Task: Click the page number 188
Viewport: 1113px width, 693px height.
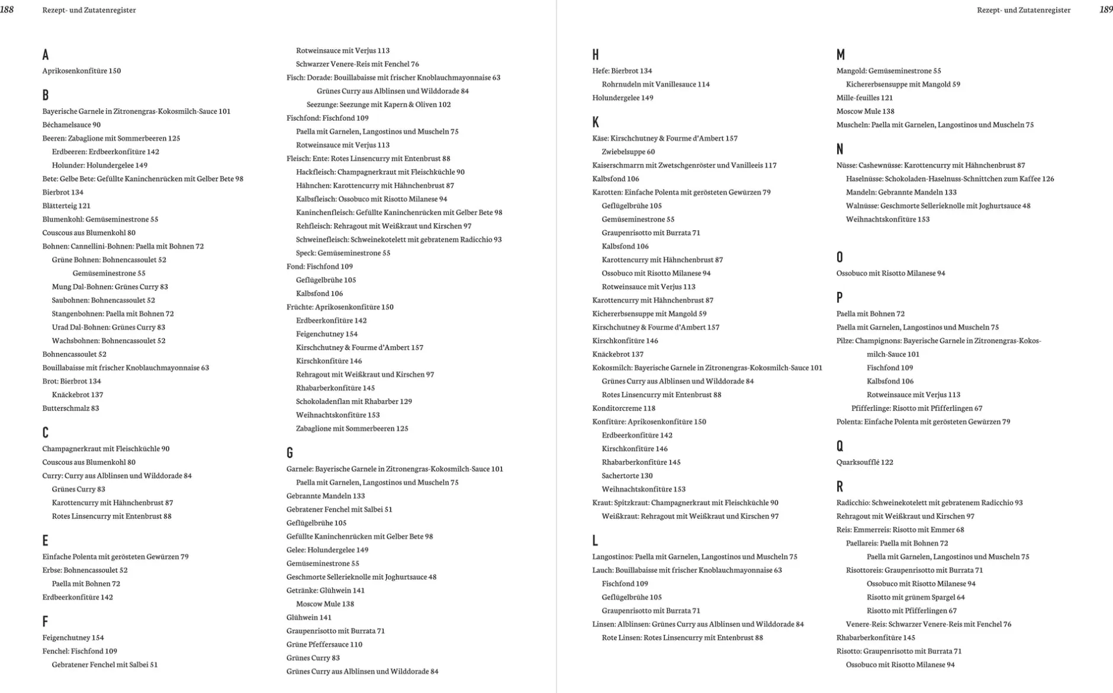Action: pyautogui.click(x=7, y=9)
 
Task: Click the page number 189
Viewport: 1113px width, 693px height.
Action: pyautogui.click(x=1105, y=9)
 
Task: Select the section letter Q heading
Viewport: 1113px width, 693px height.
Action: pyautogui.click(x=839, y=446)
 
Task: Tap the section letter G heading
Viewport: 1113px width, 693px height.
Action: pyautogui.click(x=289, y=453)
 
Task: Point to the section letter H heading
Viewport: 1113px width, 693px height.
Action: pyautogui.click(x=595, y=55)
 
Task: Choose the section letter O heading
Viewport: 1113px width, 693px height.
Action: pyautogui.click(x=839, y=257)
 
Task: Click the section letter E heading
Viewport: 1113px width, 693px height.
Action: pyautogui.click(x=45, y=540)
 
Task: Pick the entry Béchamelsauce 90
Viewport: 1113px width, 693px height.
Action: pyautogui.click(x=72, y=124)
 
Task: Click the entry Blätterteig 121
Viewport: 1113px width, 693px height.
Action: pyautogui.click(x=66, y=205)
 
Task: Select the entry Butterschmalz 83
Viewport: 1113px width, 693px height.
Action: pyautogui.click(x=70, y=408)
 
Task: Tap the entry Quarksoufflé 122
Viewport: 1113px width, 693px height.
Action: pyautogui.click(x=864, y=462)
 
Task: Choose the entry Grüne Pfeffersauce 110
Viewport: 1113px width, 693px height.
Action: pyautogui.click(x=324, y=644)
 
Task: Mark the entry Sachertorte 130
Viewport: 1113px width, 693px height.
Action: pyautogui.click(x=627, y=475)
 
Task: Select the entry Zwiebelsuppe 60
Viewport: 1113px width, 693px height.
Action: pyautogui.click(x=628, y=152)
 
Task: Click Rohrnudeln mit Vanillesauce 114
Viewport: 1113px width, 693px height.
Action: pyautogui.click(x=655, y=84)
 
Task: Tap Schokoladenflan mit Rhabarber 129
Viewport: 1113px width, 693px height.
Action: pyautogui.click(x=353, y=401)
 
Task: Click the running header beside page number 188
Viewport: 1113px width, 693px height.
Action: pyautogui.click(x=89, y=10)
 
